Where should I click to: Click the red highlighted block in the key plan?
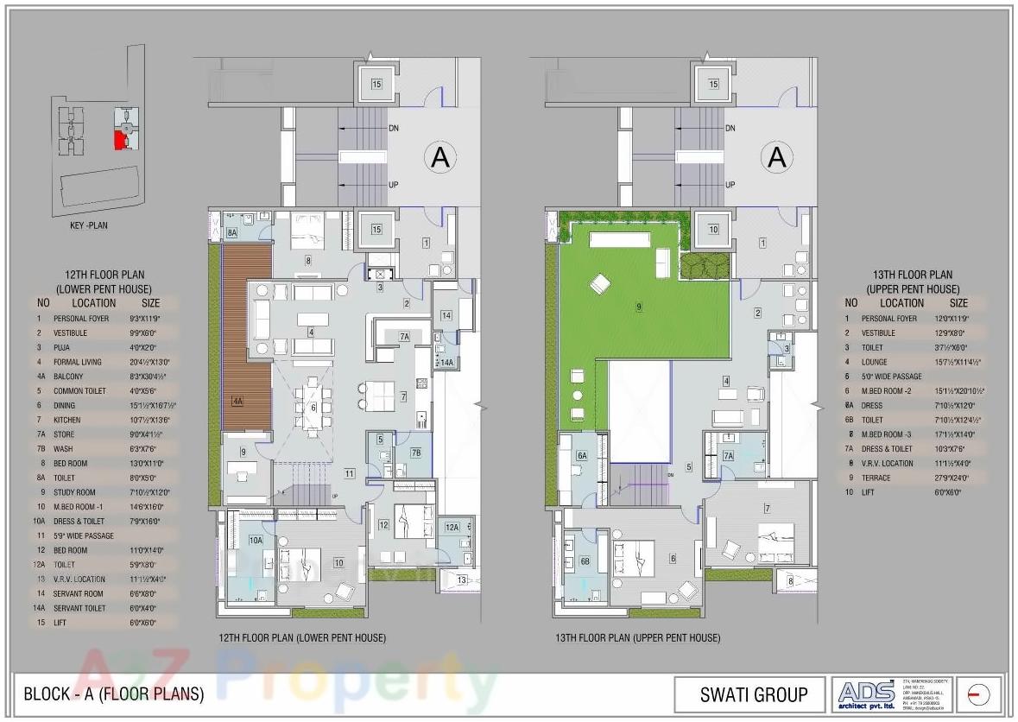(x=121, y=138)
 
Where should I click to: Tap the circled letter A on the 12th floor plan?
(x=440, y=157)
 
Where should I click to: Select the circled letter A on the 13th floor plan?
(x=777, y=157)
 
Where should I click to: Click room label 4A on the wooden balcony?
(x=237, y=402)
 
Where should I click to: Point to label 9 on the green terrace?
(x=639, y=306)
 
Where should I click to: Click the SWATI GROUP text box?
(x=753, y=694)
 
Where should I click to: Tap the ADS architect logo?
(x=868, y=693)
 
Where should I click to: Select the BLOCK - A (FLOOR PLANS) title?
(x=114, y=694)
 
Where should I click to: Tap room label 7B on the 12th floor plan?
(x=415, y=453)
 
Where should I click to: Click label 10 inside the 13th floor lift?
(x=713, y=230)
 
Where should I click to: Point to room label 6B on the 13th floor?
(x=585, y=561)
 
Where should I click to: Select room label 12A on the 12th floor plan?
(x=452, y=527)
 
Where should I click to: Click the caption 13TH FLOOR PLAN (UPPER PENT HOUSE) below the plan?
(x=637, y=638)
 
